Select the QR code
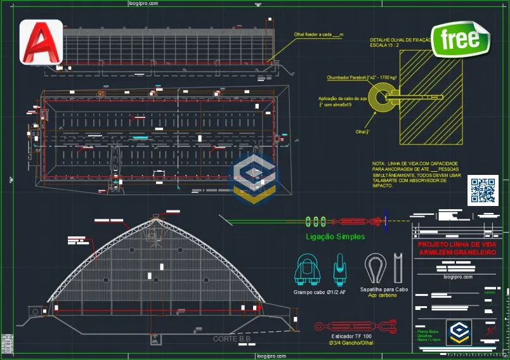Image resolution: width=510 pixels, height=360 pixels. (x=483, y=191)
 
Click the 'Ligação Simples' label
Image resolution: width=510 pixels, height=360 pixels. (x=335, y=236)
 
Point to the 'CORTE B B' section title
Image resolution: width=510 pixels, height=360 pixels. (x=232, y=339)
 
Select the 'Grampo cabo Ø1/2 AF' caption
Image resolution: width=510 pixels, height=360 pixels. (x=319, y=292)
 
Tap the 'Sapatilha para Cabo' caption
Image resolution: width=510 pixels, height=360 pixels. (x=384, y=289)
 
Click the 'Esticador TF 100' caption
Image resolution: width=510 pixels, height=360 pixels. (x=351, y=336)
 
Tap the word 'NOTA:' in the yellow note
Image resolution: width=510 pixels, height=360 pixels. (x=379, y=164)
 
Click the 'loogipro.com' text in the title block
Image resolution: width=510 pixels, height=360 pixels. (x=458, y=277)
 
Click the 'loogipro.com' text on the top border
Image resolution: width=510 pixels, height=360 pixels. (x=143, y=3)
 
